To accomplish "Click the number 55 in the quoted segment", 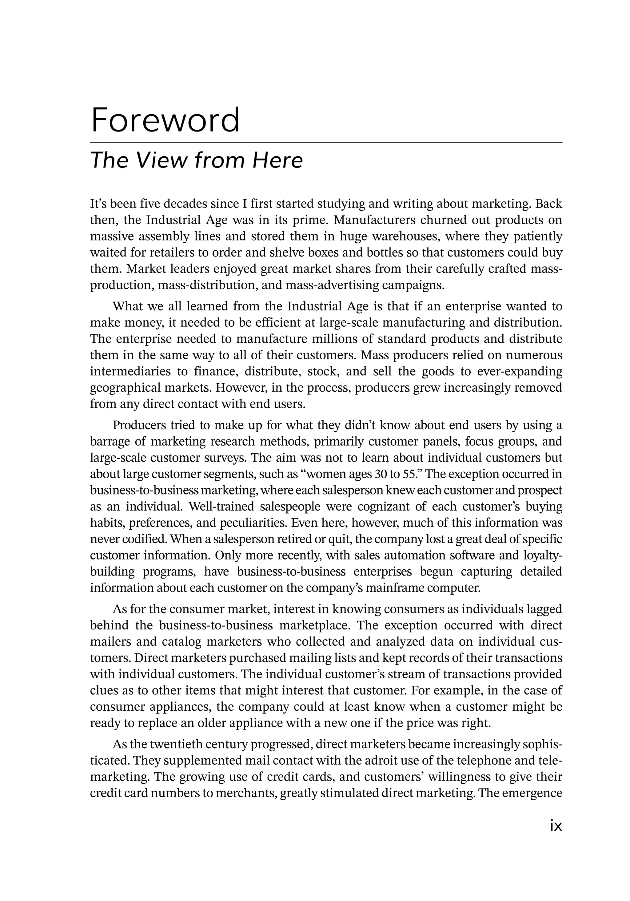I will [408, 474].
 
